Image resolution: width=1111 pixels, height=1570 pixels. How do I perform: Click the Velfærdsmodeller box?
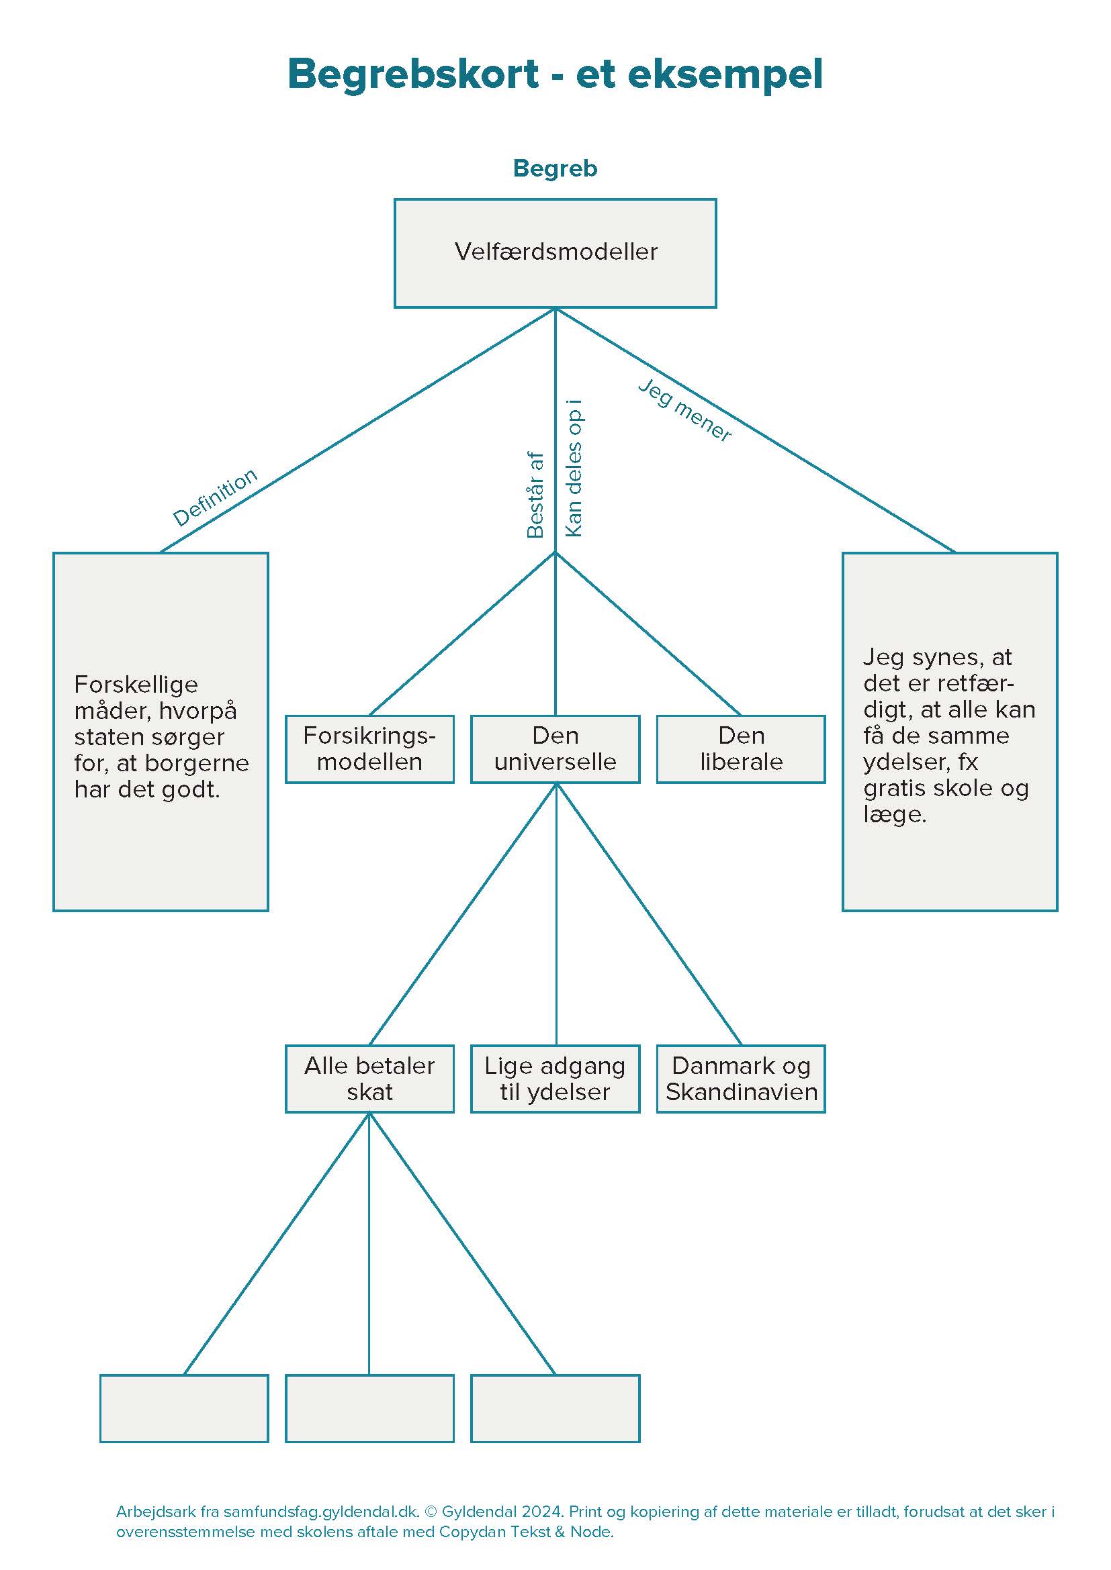(x=555, y=253)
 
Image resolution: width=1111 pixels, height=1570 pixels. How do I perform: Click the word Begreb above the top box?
(x=555, y=168)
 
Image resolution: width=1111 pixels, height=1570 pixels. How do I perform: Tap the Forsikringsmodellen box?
(x=369, y=749)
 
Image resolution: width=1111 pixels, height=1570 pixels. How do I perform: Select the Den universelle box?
(x=555, y=749)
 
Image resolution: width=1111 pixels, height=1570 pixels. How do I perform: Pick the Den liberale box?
(x=741, y=749)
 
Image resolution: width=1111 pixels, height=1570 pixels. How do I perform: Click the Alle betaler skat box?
(x=369, y=1079)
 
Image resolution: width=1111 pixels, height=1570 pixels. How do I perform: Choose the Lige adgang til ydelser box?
(x=555, y=1079)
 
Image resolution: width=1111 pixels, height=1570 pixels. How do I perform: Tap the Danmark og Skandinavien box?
(x=741, y=1079)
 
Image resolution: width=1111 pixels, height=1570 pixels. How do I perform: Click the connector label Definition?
(x=215, y=497)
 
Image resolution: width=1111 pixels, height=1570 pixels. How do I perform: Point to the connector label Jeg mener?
(x=684, y=410)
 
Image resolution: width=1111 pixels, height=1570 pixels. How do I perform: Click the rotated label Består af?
(x=535, y=495)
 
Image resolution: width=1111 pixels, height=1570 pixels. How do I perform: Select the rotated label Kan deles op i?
(x=574, y=469)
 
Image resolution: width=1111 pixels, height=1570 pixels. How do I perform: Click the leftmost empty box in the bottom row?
(x=184, y=1408)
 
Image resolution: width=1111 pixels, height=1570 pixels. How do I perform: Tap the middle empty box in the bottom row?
(x=369, y=1408)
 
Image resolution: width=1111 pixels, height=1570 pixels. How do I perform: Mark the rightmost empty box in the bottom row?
(x=555, y=1408)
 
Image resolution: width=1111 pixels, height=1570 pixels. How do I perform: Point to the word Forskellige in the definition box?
(x=136, y=685)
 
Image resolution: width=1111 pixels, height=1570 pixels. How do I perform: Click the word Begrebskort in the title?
(x=413, y=74)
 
